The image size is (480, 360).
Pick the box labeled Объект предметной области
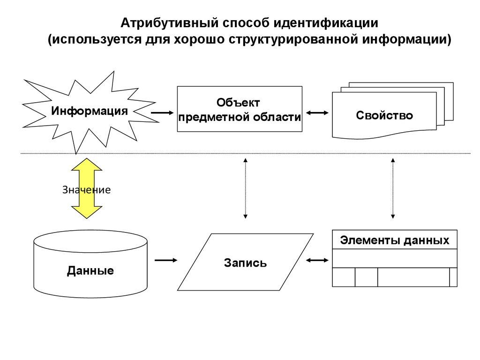point(239,109)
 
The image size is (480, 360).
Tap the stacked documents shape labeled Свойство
point(384,114)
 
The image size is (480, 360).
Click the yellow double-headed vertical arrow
point(86,187)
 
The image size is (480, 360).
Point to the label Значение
point(86,190)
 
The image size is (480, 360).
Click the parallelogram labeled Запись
point(245,262)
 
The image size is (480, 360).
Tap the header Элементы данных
point(394,241)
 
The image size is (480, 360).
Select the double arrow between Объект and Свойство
point(317,113)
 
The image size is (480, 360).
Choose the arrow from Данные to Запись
point(166,260)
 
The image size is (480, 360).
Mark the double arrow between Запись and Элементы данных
point(317,260)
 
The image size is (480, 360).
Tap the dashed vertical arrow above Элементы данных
point(393,187)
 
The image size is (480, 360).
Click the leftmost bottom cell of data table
point(344,277)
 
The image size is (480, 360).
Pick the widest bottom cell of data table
point(413,277)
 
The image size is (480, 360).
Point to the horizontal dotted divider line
point(281,153)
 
